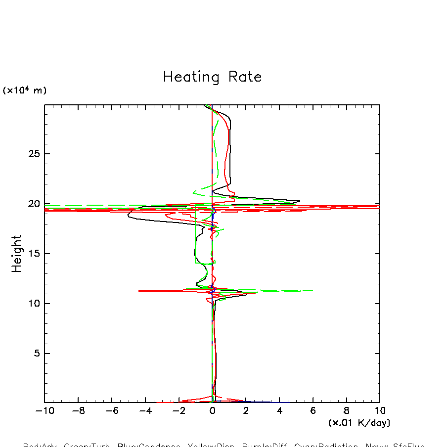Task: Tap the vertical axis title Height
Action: [x=17, y=254]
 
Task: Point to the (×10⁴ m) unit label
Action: [x=25, y=90]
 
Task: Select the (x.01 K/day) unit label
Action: [x=359, y=423]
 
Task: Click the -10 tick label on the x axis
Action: [x=45, y=411]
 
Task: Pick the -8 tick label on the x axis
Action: [x=78, y=411]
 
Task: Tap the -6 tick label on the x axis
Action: [x=112, y=411]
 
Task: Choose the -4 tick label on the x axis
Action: [x=145, y=411]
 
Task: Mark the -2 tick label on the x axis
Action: [x=179, y=411]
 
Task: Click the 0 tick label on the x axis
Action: [x=212, y=411]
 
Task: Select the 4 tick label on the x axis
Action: [x=279, y=411]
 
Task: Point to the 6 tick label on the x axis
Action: [x=313, y=411]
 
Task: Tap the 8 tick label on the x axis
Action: [x=346, y=411]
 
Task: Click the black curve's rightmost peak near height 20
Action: [x=300, y=201]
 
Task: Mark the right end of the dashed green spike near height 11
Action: [x=313, y=291]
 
